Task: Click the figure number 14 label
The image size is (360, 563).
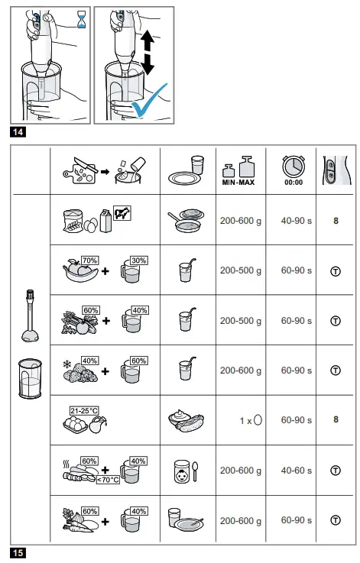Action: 18,132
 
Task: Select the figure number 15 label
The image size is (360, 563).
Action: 18,552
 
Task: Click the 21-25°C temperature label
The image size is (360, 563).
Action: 84,410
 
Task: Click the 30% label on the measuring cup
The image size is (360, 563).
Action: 138,260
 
